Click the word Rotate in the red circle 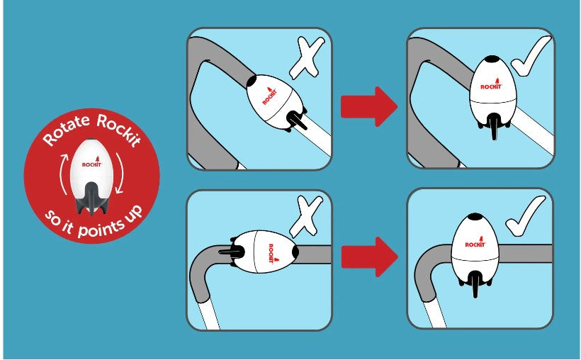click(67, 130)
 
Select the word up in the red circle click(134, 213)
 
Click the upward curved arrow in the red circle click(64, 174)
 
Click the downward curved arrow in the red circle click(120, 173)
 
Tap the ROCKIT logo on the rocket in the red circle click(92, 163)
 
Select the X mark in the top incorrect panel click(307, 59)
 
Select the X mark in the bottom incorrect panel click(305, 217)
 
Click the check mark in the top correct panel click(531, 56)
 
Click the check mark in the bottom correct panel click(526, 217)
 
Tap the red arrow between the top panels click(369, 107)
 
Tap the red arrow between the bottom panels click(369, 257)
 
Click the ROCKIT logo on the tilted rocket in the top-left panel click(270, 96)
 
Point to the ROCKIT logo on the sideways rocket click(271, 254)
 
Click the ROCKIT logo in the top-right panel click(491, 84)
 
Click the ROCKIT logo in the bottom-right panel click(475, 242)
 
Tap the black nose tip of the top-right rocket click(493, 59)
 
